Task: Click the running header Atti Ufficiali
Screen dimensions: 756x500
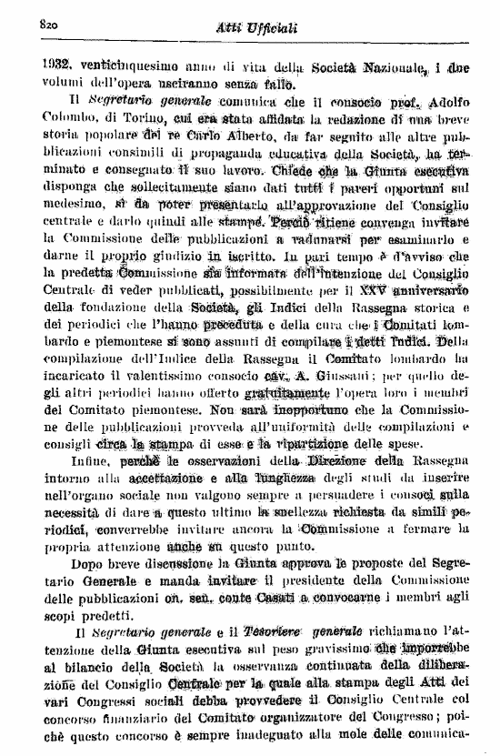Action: pos(255,29)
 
